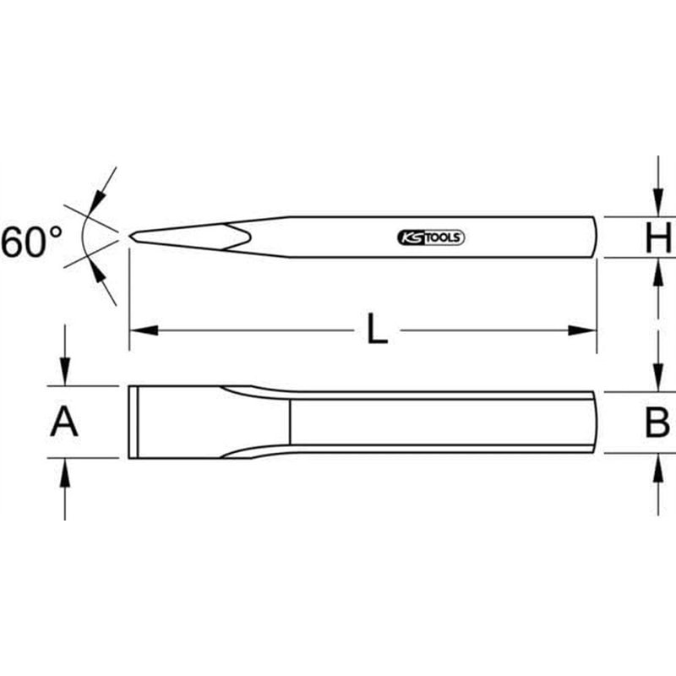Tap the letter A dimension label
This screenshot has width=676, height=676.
tap(64, 422)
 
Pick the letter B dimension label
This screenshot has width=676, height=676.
tap(657, 422)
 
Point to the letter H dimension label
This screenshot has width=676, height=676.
tap(657, 237)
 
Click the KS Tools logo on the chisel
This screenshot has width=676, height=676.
tap(430, 238)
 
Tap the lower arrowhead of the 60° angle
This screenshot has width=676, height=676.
tap(97, 273)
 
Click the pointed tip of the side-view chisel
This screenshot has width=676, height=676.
tap(131, 237)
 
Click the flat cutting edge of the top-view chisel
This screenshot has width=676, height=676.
tap(129, 422)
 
